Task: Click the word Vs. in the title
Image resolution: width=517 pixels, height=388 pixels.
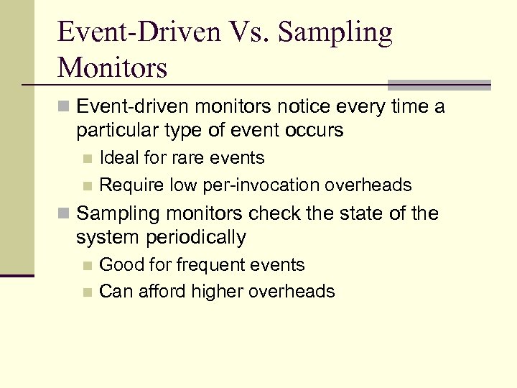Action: click(x=240, y=33)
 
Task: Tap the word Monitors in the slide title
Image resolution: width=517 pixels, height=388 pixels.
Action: click(x=113, y=68)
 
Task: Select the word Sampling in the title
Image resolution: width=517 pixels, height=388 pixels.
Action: click(x=335, y=33)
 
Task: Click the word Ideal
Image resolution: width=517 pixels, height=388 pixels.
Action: click(x=120, y=158)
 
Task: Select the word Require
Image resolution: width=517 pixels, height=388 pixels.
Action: click(x=132, y=185)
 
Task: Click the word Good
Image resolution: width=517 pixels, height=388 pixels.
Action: click(x=119, y=264)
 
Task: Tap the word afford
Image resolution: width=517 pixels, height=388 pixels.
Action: click(x=157, y=292)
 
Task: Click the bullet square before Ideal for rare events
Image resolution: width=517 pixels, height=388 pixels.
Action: click(x=87, y=159)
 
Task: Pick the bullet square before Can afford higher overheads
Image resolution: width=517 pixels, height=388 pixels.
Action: click(x=87, y=292)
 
